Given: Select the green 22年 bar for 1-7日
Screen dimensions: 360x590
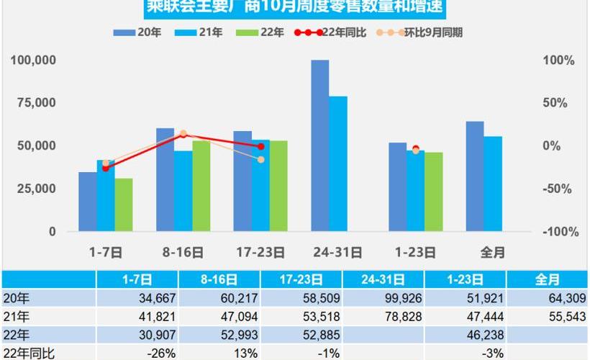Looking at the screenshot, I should click(x=124, y=205).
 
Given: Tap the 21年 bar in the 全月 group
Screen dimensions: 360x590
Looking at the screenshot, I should click(x=493, y=184).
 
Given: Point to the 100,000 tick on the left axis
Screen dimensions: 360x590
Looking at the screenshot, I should click(x=33, y=60).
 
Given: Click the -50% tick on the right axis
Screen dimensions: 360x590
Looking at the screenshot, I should click(x=558, y=189).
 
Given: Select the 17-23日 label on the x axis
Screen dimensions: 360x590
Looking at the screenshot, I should click(x=260, y=253).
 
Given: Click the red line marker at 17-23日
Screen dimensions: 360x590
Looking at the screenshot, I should click(x=260, y=146).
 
